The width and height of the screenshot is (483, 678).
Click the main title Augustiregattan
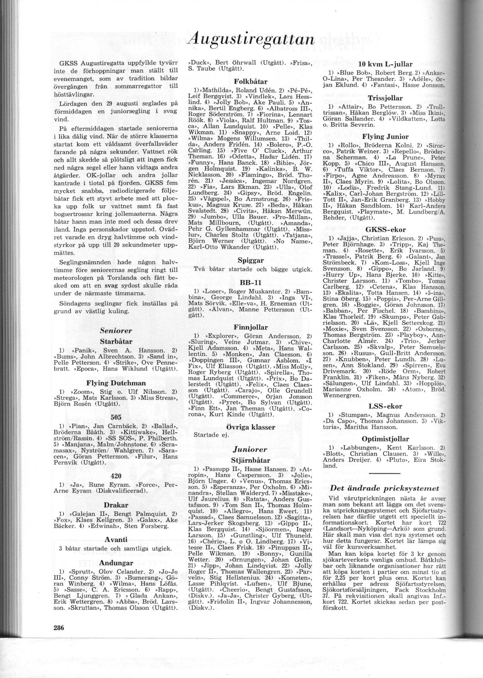tap(255, 40)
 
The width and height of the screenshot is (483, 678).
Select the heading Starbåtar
tap(116, 341)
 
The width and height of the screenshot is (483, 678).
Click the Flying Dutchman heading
tap(116, 383)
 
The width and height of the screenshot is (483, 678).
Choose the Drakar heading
tap(116, 505)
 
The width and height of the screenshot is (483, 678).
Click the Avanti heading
tap(116, 539)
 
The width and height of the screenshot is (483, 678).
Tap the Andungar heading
tap(116, 562)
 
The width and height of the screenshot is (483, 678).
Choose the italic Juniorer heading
tap(250, 449)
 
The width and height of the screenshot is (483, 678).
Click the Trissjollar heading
tap(385, 98)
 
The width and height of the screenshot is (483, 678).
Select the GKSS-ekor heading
tap(385, 229)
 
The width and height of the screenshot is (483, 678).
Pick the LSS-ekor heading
tap(385, 406)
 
